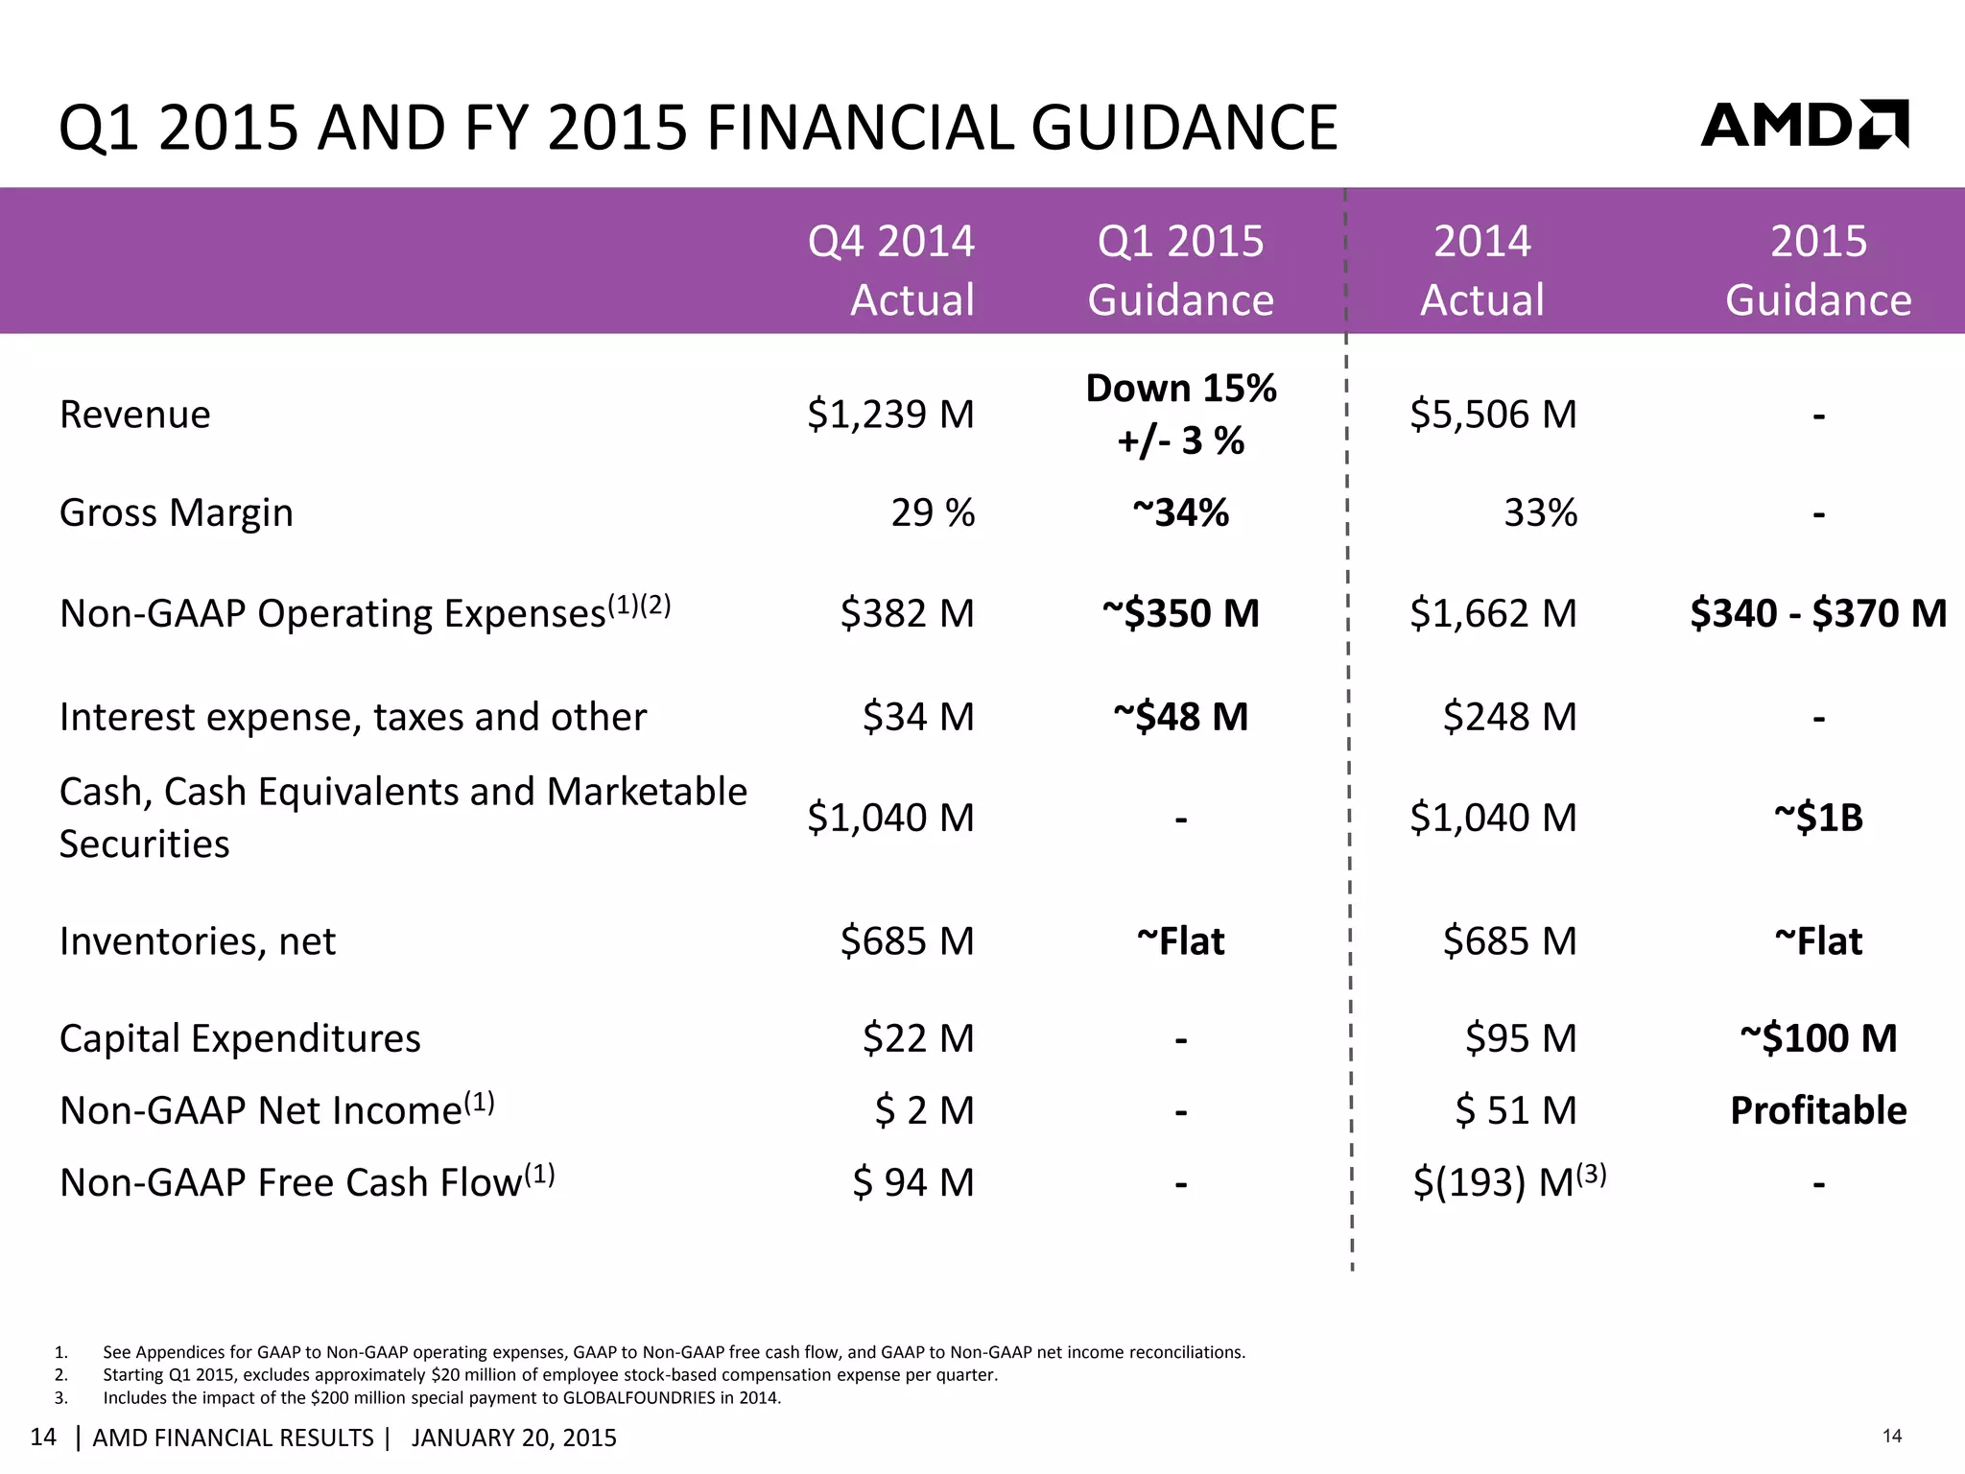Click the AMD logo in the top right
point(1804,125)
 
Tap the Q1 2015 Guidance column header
point(1180,270)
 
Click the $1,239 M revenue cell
point(890,415)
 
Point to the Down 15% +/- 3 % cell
point(1180,415)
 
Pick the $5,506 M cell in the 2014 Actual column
point(1493,415)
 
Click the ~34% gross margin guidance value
point(1180,512)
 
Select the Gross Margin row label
point(176,512)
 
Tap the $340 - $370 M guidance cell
point(1817,613)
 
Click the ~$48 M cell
point(1180,717)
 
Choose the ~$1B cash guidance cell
point(1817,818)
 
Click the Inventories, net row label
point(197,941)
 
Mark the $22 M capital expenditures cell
point(917,1038)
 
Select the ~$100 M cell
point(1817,1038)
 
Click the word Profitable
point(1817,1110)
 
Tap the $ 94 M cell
point(912,1182)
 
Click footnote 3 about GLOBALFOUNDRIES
point(441,1397)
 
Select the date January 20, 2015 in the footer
point(513,1438)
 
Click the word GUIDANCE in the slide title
point(1184,128)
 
